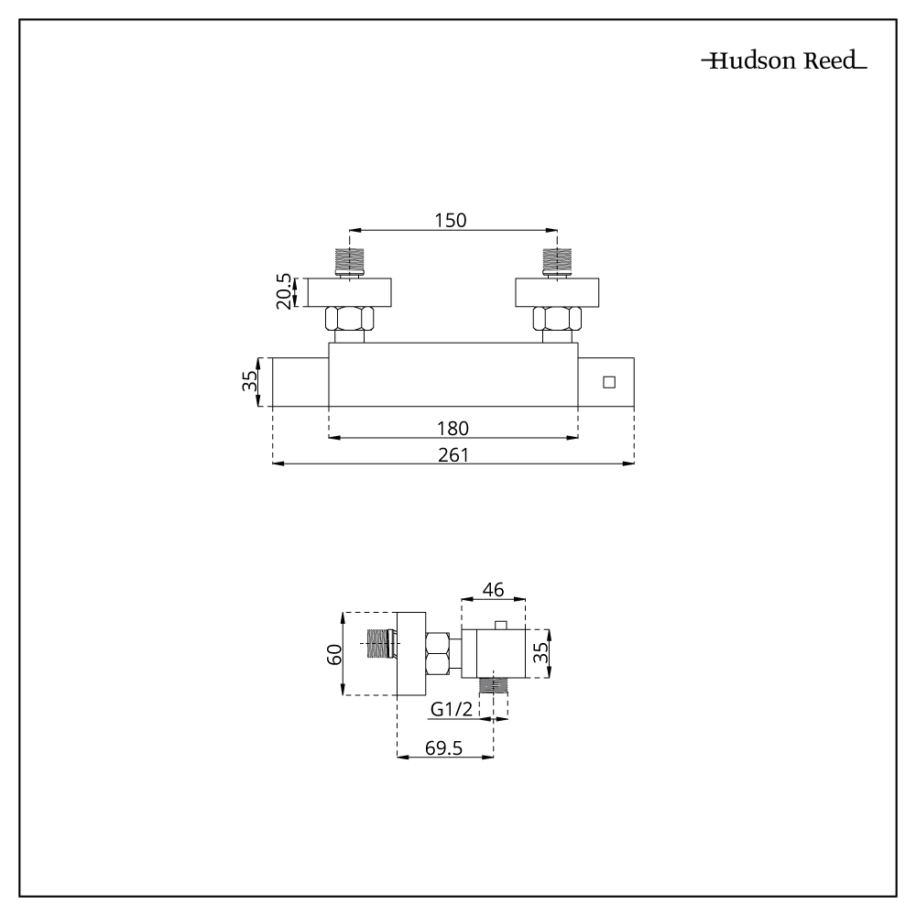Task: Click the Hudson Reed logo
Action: (x=783, y=62)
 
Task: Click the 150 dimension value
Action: (x=451, y=220)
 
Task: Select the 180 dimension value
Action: (x=453, y=427)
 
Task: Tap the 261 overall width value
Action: (x=453, y=454)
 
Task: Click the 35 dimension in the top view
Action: (x=250, y=382)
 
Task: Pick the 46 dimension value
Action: (x=493, y=592)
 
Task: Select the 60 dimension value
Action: (x=334, y=654)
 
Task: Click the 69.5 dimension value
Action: (x=443, y=748)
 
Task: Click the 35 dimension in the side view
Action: (x=541, y=654)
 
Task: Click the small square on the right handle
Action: (x=609, y=382)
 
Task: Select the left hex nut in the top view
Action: (x=348, y=320)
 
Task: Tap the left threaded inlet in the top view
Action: (x=348, y=260)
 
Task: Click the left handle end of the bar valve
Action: (x=300, y=382)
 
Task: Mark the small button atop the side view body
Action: (x=499, y=626)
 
